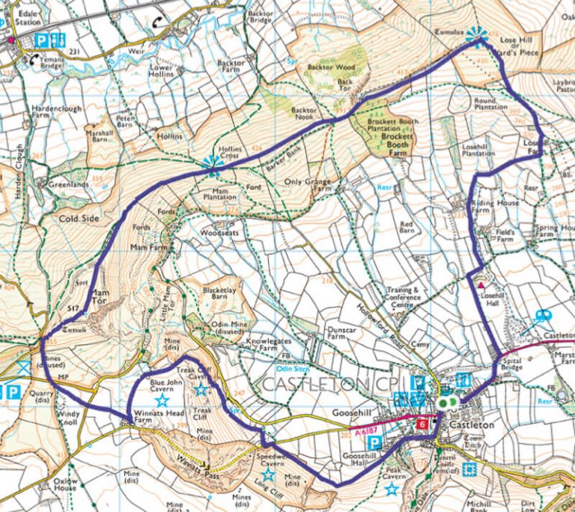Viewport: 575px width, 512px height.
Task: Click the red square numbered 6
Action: [x=423, y=424]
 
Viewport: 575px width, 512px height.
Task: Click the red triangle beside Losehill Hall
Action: [x=481, y=285]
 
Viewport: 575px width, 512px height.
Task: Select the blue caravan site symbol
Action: [x=541, y=317]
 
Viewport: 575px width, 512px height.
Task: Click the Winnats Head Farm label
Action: [x=153, y=417]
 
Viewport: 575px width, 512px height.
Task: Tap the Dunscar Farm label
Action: [x=345, y=332]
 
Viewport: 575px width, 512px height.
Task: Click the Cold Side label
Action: [x=78, y=219]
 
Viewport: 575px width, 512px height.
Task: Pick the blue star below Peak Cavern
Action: [x=391, y=490]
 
